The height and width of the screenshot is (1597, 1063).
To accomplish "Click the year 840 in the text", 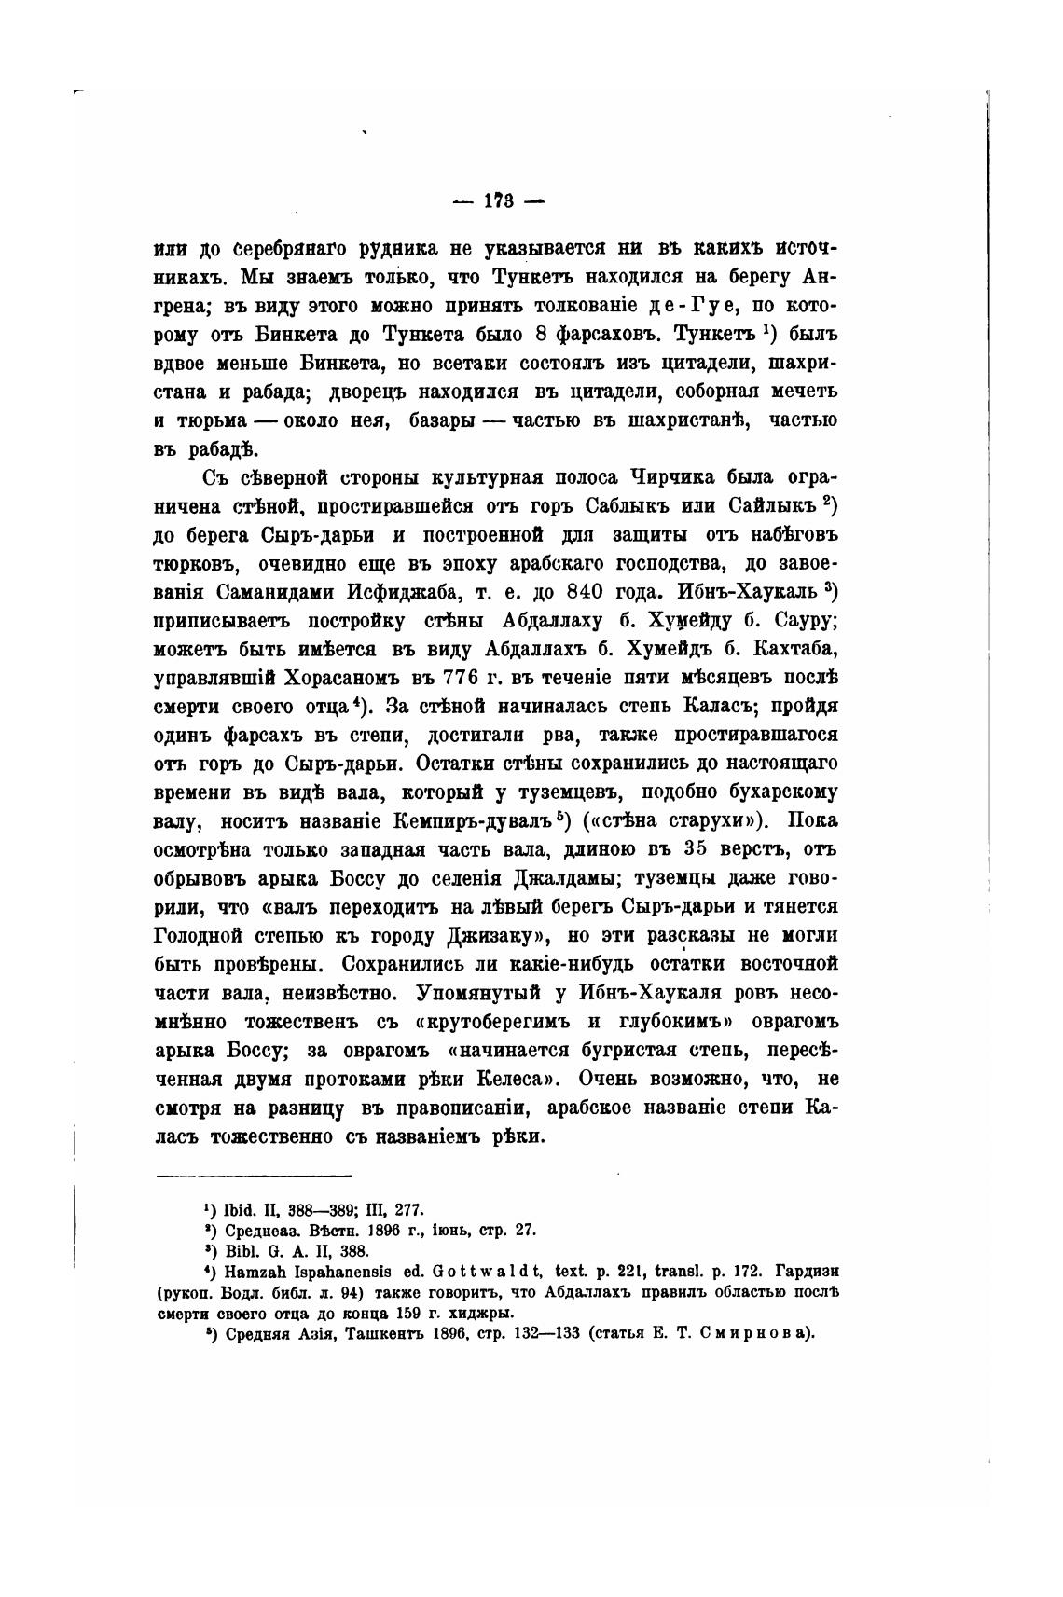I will click(614, 592).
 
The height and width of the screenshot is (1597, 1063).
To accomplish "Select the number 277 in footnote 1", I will click(408, 1209).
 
